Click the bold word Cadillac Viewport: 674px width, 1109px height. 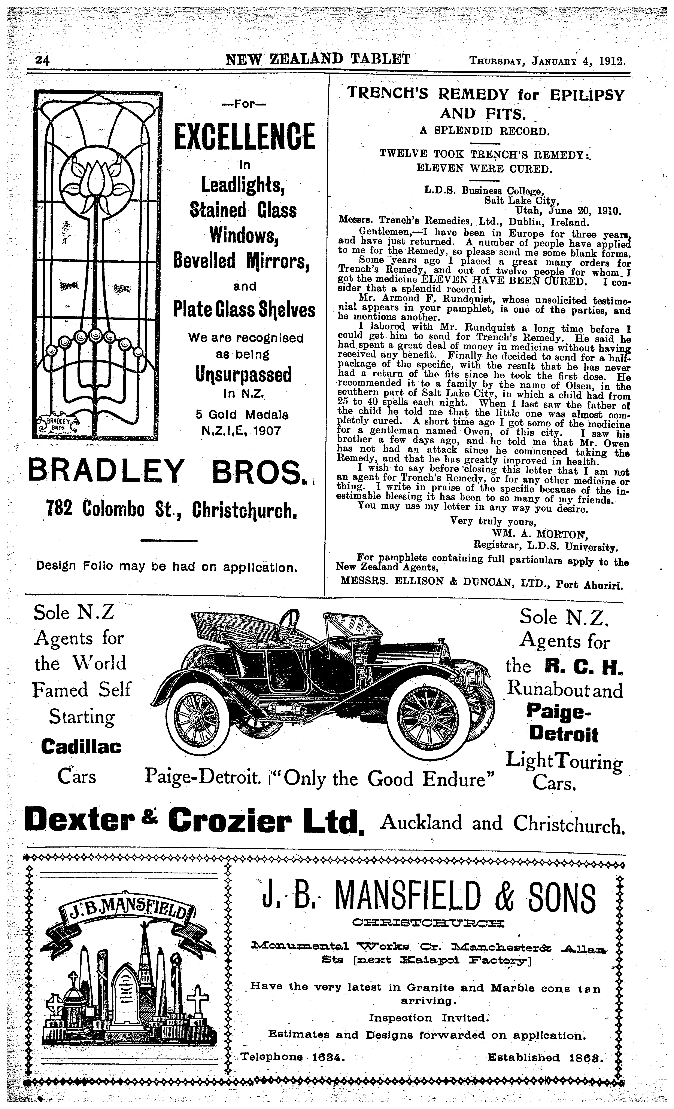pyautogui.click(x=81, y=747)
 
